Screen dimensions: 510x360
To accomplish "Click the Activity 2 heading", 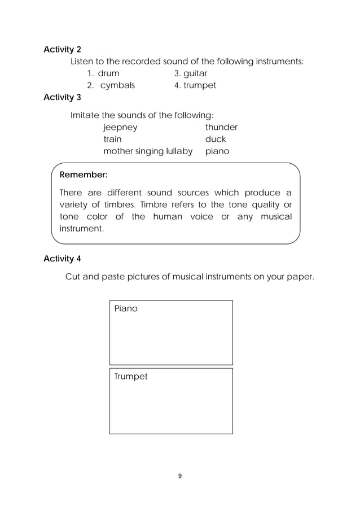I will (62, 49).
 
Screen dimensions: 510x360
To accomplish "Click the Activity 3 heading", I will (62, 97).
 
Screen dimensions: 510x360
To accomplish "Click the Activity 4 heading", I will (62, 259).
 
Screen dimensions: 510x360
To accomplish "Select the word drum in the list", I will (108, 73).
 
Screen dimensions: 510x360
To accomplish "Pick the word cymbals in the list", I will (117, 86).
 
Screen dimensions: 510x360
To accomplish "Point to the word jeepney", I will (120, 128).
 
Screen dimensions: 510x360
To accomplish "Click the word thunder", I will (221, 127).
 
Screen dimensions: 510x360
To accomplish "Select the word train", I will (112, 139).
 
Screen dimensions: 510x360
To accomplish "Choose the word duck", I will (216, 139).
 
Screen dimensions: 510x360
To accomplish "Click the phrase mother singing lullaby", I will (148, 151).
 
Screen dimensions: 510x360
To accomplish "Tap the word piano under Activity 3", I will (217, 151).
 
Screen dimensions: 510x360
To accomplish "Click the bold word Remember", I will (84, 175).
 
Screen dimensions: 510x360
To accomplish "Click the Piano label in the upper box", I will (126, 309).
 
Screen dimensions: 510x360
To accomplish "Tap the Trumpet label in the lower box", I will (131, 377).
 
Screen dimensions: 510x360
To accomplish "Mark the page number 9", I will (179, 476).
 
